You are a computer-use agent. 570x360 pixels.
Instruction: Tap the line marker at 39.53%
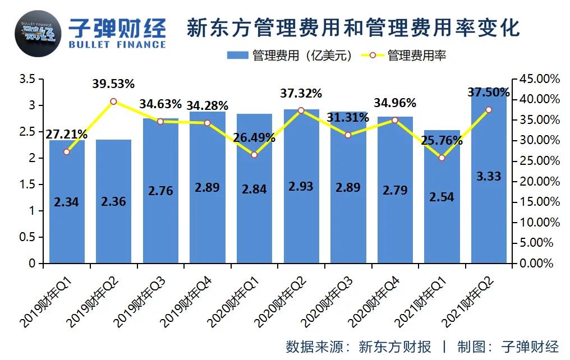(113, 101)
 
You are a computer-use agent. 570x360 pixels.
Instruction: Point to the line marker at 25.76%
(442, 158)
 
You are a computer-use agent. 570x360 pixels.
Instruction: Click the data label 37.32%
(301, 93)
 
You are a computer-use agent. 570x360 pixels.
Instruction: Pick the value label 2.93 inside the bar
(301, 187)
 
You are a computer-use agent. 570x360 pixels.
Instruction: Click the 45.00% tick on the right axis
(539, 79)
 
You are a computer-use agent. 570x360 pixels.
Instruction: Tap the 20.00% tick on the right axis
(539, 181)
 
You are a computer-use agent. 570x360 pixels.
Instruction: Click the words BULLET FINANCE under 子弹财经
(116, 44)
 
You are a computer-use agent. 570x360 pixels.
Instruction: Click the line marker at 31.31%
(348, 135)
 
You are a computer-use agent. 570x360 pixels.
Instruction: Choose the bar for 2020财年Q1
(254, 213)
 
